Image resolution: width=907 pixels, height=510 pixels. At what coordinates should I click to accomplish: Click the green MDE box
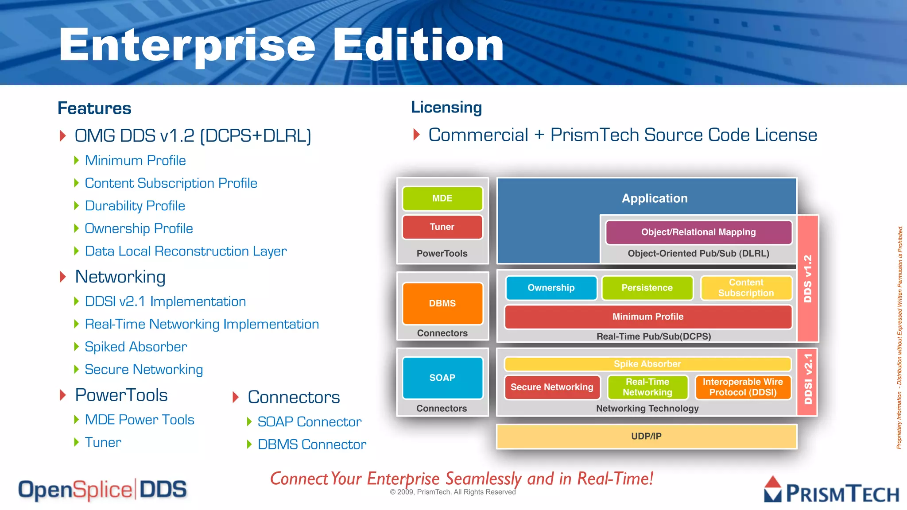[442, 198]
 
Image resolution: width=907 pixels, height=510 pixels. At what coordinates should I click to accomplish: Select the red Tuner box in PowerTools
[442, 227]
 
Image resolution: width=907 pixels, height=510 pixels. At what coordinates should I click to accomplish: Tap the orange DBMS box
[442, 303]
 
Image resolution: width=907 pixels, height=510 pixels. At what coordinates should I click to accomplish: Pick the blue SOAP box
[442, 378]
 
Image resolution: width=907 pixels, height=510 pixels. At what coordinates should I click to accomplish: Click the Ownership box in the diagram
[551, 288]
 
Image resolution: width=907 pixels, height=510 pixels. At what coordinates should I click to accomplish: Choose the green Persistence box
[647, 288]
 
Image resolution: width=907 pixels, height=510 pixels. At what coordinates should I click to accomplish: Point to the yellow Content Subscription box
[746, 288]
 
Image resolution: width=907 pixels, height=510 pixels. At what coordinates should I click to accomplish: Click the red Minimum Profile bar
[647, 317]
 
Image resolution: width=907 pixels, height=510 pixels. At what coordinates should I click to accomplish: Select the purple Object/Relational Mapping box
[698, 232]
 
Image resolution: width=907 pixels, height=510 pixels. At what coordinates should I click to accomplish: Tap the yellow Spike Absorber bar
[647, 364]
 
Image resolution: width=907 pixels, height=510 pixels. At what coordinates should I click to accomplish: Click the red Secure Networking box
[552, 387]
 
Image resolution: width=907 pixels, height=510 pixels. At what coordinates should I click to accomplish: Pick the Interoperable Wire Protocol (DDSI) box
[743, 387]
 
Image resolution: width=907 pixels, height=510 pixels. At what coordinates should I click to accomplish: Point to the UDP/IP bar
[646, 437]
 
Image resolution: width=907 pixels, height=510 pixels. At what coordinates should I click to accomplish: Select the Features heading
[94, 108]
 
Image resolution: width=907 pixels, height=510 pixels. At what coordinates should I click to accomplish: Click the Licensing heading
[446, 108]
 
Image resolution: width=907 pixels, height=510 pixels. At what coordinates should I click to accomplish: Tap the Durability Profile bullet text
[135, 206]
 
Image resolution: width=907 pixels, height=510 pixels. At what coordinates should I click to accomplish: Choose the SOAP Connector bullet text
[309, 422]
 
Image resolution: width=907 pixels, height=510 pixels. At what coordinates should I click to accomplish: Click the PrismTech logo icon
[773, 489]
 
